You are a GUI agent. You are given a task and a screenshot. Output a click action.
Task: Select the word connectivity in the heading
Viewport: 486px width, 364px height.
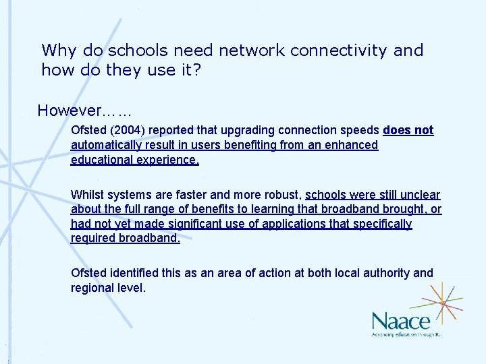coord(336,51)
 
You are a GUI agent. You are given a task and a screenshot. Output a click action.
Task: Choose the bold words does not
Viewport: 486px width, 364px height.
coord(408,130)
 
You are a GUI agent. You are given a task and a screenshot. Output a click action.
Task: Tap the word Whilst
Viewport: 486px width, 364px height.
coord(87,195)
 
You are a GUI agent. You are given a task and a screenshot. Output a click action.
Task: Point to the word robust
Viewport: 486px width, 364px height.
coord(278,195)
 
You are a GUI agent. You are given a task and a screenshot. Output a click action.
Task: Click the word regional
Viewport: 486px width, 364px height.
coord(92,288)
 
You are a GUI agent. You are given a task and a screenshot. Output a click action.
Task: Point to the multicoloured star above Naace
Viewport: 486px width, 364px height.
coord(441,301)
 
